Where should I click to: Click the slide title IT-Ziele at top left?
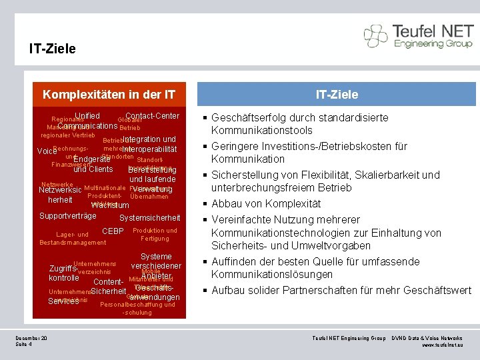pos(53,49)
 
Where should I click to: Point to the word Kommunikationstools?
pos(262,130)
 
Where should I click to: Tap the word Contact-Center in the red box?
pos(153,116)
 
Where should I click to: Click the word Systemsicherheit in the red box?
pos(149,217)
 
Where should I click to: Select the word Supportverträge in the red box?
pos(68,215)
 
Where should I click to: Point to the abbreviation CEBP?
pos(113,231)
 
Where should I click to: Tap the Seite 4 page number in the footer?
pos(25,345)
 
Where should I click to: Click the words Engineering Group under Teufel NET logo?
pos(433,43)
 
